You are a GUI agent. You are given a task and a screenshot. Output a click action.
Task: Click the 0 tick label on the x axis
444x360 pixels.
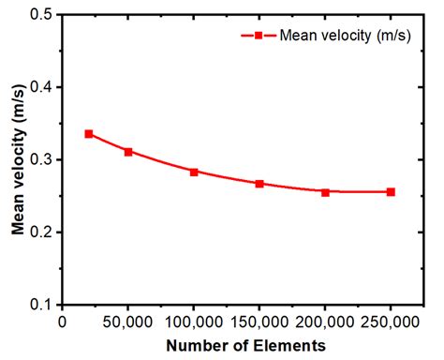63,322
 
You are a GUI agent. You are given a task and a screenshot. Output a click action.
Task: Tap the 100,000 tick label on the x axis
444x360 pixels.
194,322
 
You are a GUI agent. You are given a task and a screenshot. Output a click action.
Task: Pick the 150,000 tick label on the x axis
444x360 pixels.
259,322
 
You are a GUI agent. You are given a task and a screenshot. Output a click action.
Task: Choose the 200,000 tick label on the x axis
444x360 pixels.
325,322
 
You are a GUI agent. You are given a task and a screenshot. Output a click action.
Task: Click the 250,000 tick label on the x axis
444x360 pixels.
391,322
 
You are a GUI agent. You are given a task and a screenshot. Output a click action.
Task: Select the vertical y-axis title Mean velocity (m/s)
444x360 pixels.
17,159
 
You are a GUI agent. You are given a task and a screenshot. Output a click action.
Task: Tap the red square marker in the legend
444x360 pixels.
254,35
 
